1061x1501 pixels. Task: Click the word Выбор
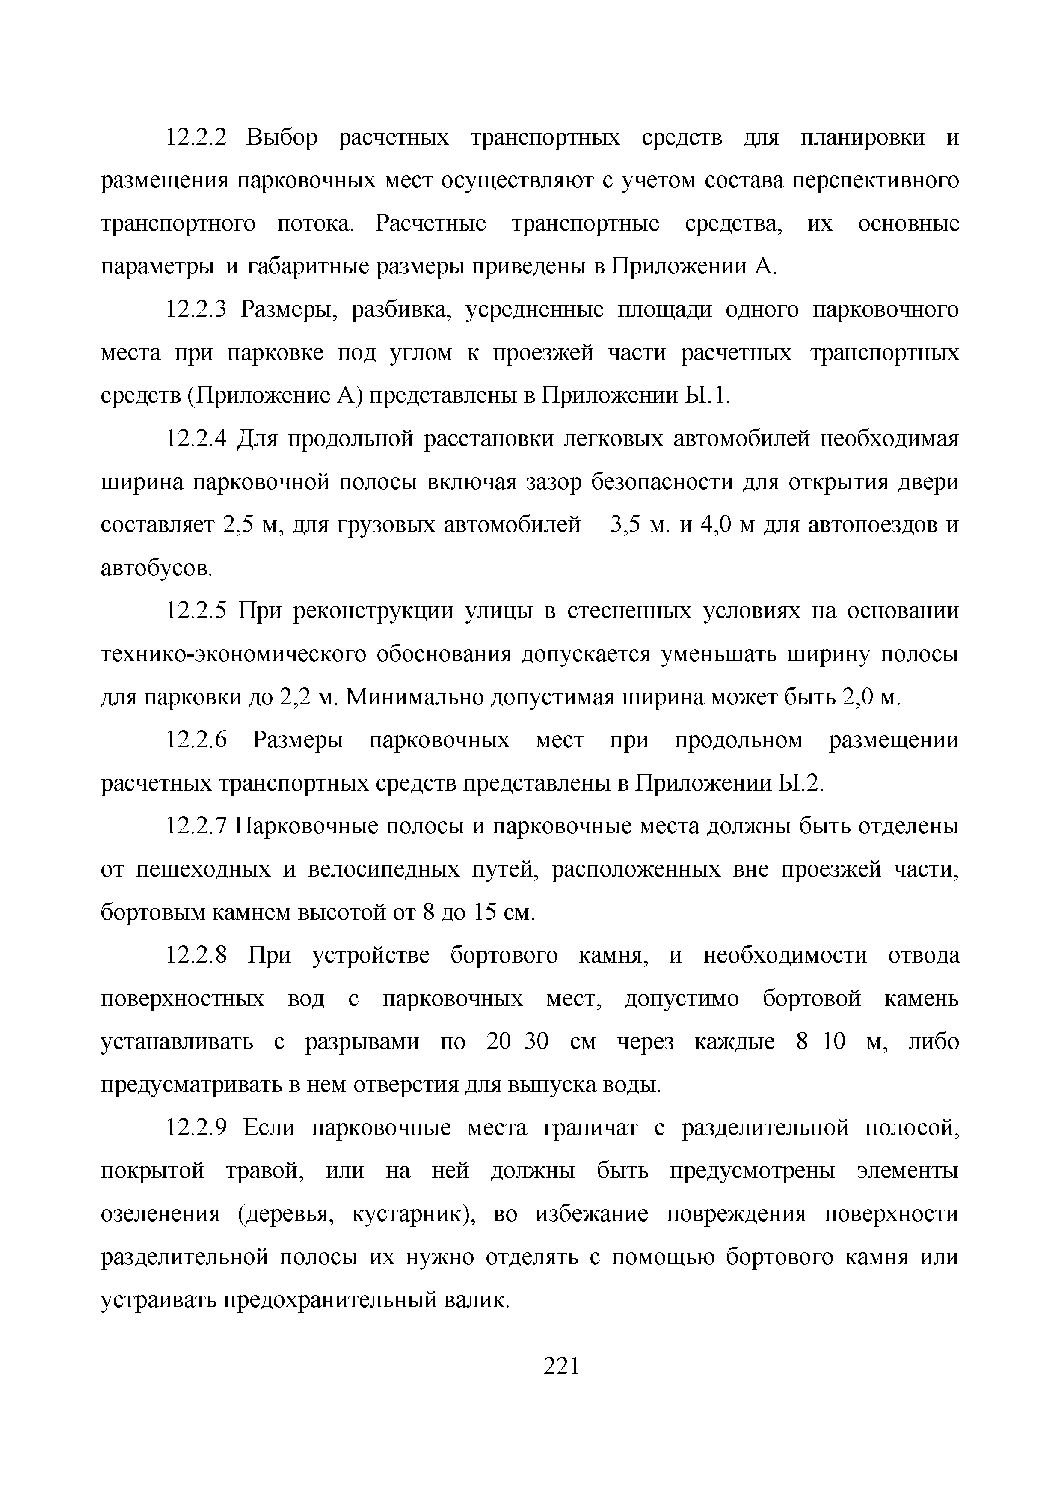[x=283, y=138]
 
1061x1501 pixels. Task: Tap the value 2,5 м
[x=252, y=525]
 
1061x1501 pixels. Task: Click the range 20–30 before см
[x=517, y=1042]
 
